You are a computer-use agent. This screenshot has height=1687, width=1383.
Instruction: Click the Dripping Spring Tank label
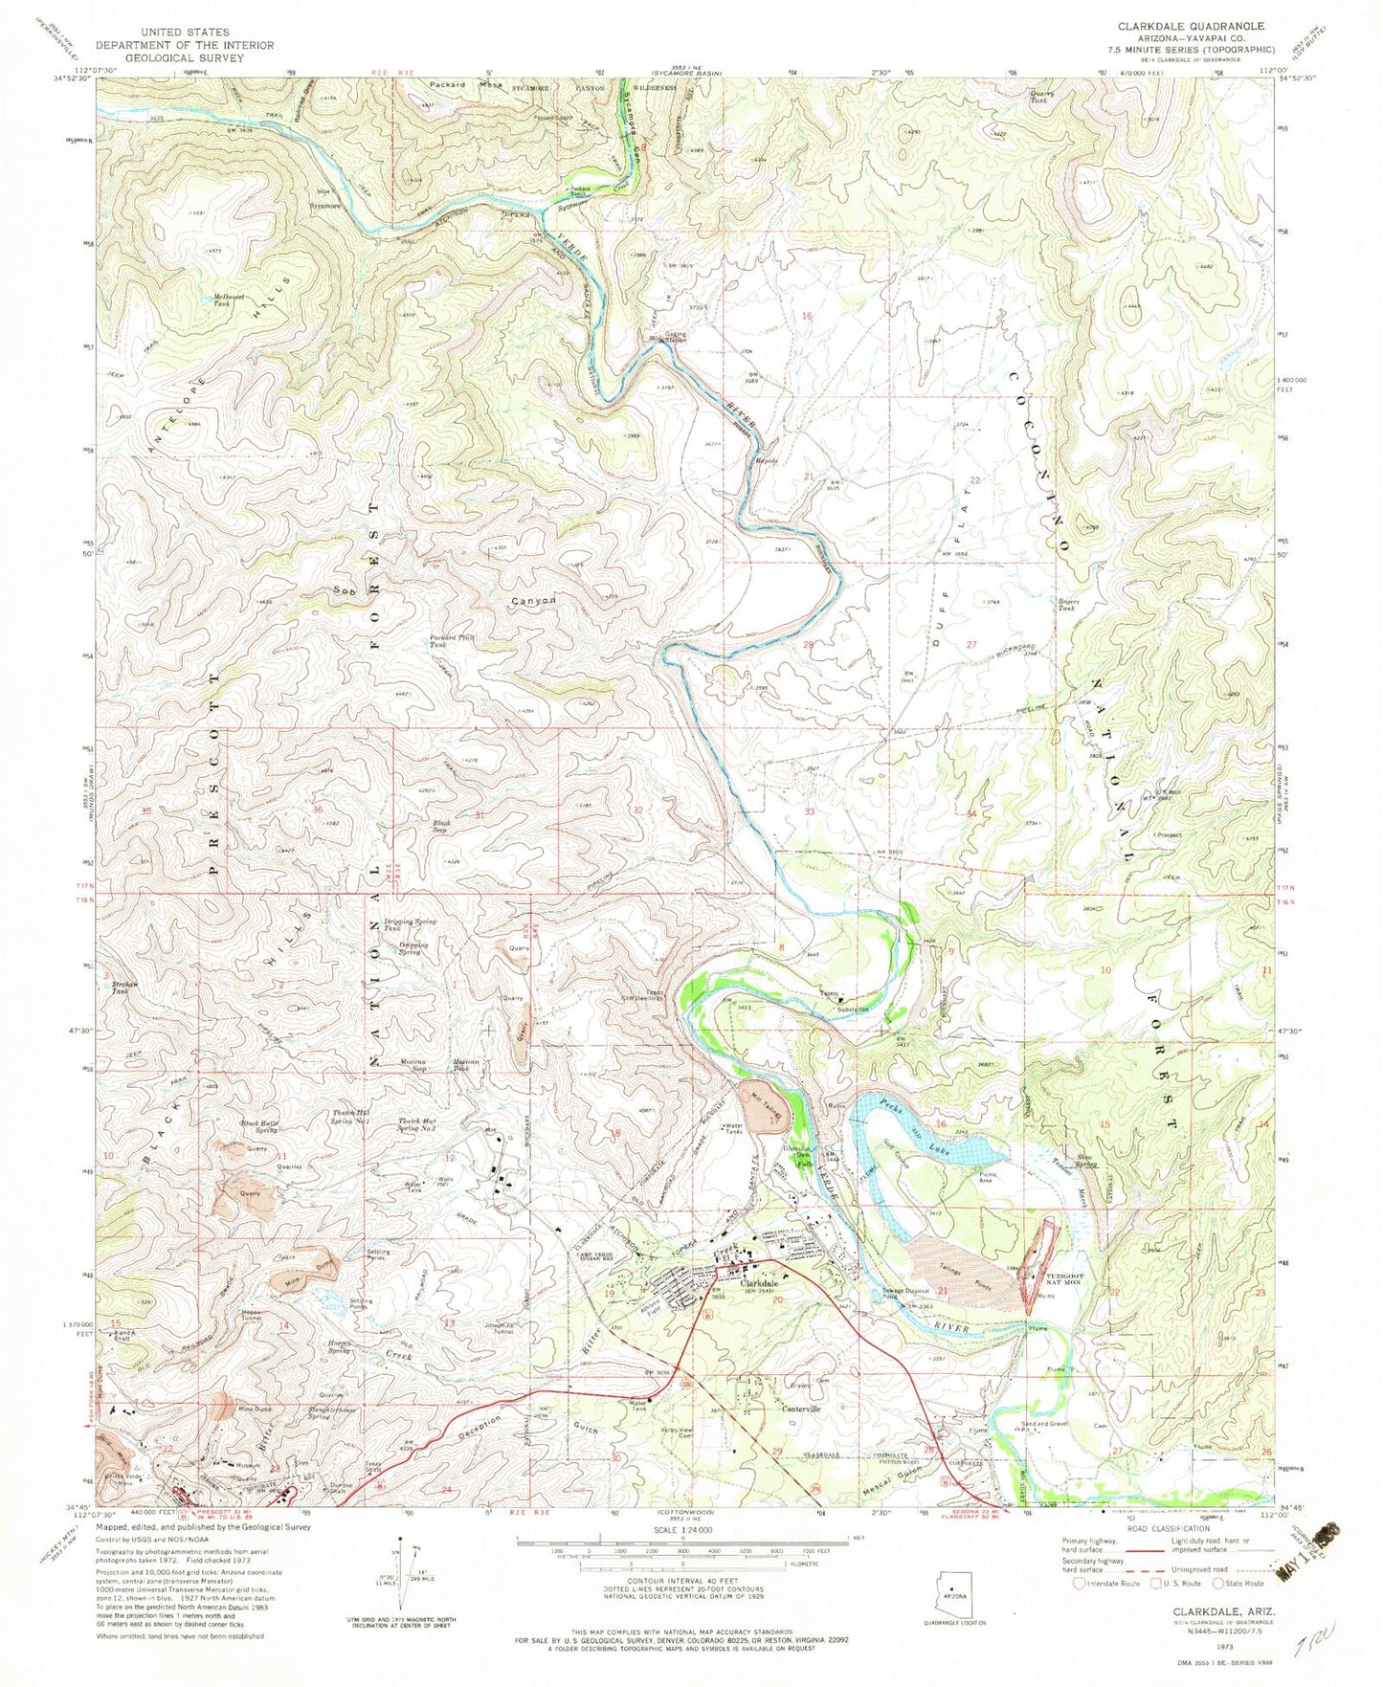[410, 924]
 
